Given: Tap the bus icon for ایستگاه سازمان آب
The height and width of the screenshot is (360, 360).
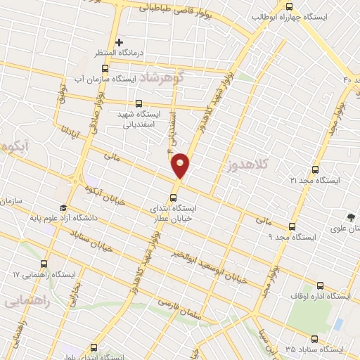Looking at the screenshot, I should (105, 68).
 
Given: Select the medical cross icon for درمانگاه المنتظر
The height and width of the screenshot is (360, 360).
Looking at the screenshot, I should (120, 43).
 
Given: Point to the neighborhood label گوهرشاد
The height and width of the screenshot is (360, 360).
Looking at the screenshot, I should (160, 77).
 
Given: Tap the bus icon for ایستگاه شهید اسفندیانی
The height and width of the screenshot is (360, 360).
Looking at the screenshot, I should (138, 103).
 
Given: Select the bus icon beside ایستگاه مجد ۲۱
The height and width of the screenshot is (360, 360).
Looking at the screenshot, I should (314, 169).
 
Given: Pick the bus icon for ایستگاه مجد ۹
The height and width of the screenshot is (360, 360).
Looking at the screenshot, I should (292, 226).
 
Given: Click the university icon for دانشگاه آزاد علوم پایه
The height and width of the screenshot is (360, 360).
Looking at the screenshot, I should (63, 208).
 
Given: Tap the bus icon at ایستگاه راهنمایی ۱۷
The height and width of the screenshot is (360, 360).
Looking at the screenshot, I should (44, 264).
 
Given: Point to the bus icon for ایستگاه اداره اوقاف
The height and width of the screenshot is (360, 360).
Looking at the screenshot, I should (321, 285).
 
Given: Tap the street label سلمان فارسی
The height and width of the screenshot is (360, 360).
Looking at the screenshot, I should (179, 310).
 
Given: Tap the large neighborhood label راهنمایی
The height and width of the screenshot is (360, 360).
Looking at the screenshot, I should (25, 301).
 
